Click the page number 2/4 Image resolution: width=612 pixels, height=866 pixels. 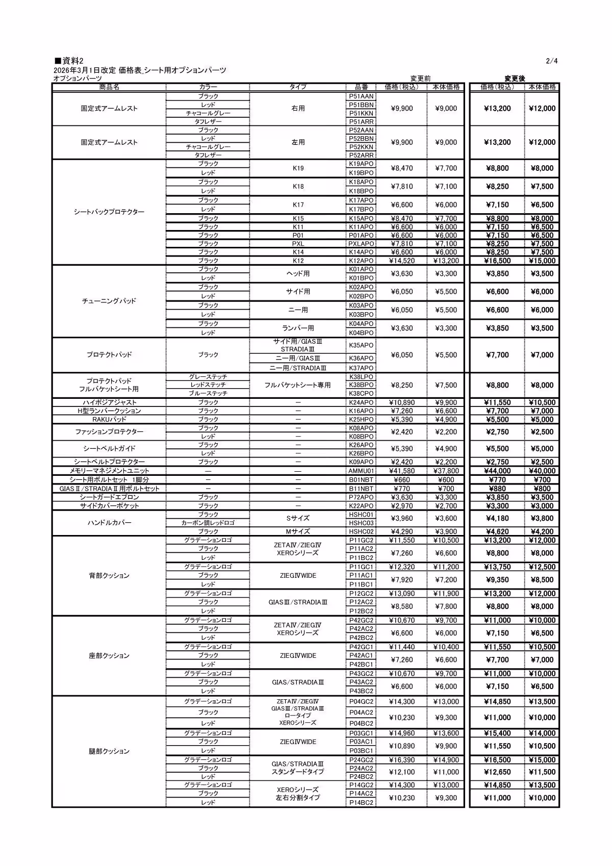coord(552,61)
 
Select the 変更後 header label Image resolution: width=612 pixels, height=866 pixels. coord(514,79)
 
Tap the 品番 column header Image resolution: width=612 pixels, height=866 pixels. coord(361,87)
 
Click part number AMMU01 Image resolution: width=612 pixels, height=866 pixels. coord(361,471)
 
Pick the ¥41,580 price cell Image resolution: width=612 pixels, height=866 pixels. coord(402,471)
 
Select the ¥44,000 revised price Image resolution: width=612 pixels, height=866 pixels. coord(497,471)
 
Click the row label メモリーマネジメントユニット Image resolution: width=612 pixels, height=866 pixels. coord(109,471)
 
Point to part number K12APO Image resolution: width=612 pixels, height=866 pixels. coord(361,261)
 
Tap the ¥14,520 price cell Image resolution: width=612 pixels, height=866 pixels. coord(402,261)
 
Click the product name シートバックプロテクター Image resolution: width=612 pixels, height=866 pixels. coord(109,212)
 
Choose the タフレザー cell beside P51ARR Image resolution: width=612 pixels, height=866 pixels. coord(208,121)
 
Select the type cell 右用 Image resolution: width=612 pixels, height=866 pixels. coord(298,109)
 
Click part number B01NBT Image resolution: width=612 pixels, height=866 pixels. coord(361,479)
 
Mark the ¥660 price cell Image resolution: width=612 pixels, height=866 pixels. coord(402,479)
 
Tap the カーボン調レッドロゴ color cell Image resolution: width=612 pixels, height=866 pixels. coord(208,523)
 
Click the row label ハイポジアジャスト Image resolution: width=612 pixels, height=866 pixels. coord(109,402)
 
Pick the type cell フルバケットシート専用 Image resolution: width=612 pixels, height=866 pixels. coord(298,385)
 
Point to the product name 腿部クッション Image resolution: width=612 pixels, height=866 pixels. coord(109,751)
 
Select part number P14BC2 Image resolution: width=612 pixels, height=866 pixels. coord(361,802)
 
